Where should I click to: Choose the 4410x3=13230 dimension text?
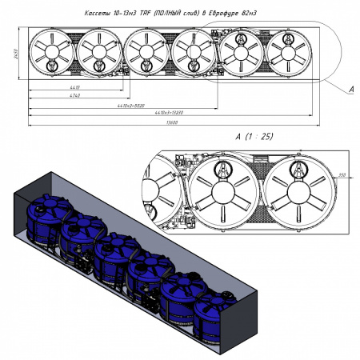[171, 114]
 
